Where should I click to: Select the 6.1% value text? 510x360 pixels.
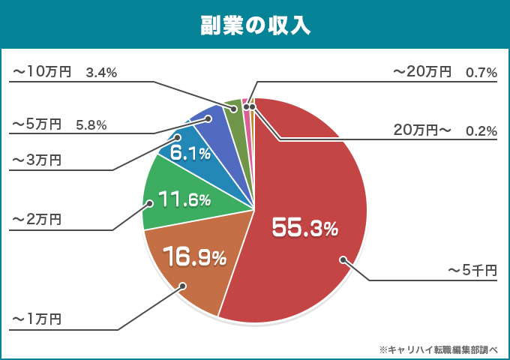[190, 153]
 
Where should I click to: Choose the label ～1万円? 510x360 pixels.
[36, 319]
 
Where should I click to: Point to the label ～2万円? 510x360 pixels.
[36, 219]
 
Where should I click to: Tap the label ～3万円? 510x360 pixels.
[36, 160]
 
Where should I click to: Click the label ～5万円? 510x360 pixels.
[36, 124]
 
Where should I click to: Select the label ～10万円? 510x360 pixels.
[40, 72]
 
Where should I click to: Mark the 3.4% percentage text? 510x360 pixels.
[101, 73]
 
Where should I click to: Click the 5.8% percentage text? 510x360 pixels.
[91, 124]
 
